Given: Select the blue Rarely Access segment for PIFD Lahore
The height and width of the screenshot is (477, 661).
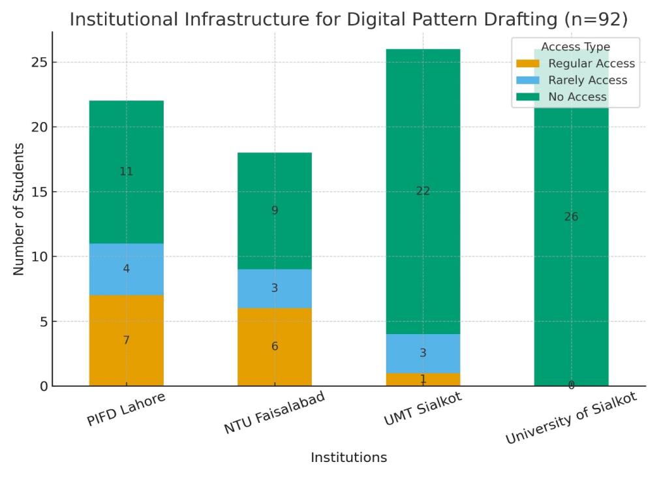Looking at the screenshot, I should pos(126,268).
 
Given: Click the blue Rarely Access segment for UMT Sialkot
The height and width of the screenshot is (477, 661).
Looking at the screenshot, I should pos(423,353).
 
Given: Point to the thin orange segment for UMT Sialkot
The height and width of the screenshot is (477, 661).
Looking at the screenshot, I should pos(423,379).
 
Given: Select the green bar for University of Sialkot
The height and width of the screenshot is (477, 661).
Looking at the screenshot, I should pos(571,261).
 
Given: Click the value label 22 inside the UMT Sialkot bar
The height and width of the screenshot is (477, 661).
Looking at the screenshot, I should pos(423,191).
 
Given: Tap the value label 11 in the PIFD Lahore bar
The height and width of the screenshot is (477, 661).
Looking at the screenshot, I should pos(126,172).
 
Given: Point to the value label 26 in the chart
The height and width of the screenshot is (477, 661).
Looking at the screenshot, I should pos(571,217).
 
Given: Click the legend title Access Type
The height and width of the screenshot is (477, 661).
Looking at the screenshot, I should pos(576,47).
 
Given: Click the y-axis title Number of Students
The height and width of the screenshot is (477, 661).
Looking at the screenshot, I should pos(19,209).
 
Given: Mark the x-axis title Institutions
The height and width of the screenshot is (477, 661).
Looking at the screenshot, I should pos(348,457).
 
